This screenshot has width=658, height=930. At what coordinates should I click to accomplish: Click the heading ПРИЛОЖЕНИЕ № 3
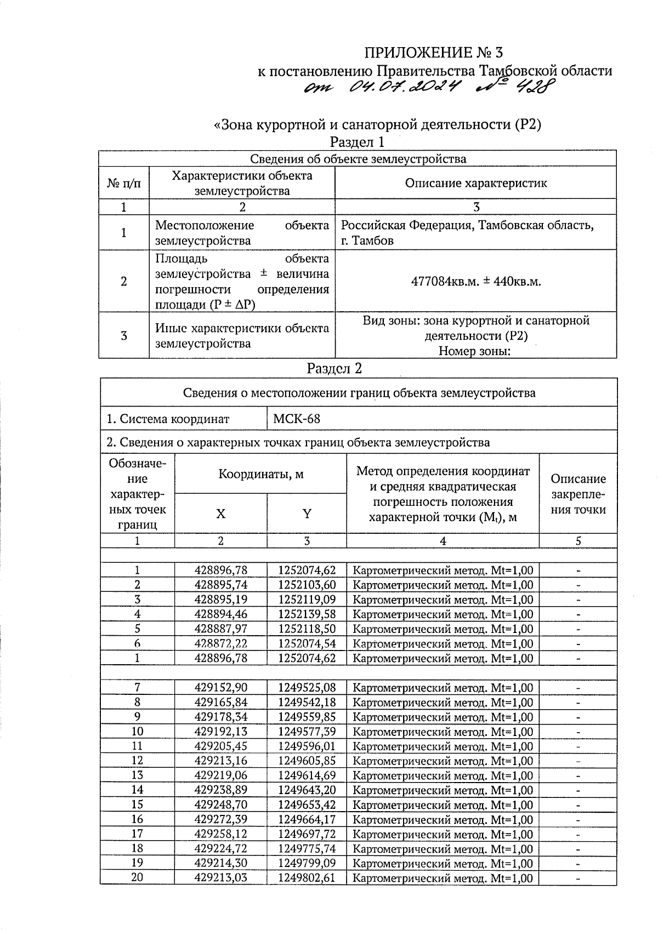tap(433, 53)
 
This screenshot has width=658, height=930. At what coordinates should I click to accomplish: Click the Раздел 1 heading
tap(357, 142)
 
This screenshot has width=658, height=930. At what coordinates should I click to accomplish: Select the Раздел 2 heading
tap(334, 368)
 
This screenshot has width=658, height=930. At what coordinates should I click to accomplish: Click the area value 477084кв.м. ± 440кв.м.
tap(476, 282)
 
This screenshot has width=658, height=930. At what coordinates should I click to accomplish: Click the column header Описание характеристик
tap(476, 183)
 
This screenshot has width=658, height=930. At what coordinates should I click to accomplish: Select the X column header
tap(220, 514)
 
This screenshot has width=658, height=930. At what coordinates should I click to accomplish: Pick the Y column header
tap(307, 514)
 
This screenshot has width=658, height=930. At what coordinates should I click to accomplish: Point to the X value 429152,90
tap(220, 687)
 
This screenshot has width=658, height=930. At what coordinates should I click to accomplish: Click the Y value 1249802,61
tap(307, 878)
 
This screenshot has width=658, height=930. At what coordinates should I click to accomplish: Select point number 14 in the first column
tap(137, 790)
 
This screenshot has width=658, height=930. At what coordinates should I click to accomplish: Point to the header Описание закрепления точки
tap(578, 494)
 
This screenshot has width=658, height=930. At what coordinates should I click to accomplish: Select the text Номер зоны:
tap(475, 351)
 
